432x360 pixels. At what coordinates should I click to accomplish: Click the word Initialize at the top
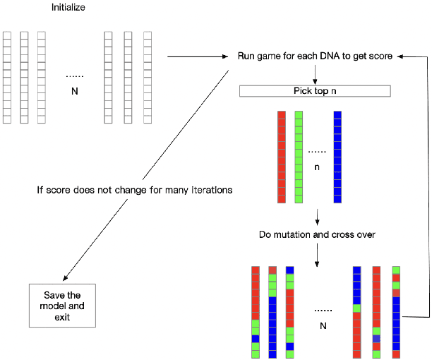click(69, 8)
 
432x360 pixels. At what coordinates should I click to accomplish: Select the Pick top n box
click(314, 91)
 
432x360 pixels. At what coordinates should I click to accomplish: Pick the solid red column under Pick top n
click(281, 157)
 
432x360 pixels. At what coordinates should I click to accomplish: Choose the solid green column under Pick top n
click(299, 157)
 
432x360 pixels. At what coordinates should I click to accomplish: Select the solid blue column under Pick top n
click(337, 157)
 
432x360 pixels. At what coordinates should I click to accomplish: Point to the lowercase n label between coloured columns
click(317, 168)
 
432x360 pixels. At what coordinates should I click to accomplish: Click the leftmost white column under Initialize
click(7, 78)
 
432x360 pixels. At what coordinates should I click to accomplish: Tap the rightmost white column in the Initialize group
click(148, 78)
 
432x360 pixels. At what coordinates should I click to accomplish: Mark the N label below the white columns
click(74, 91)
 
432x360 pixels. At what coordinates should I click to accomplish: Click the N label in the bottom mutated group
click(323, 325)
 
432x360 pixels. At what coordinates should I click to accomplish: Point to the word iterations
click(210, 190)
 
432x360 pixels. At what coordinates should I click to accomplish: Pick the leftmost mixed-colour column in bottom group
click(256, 311)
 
